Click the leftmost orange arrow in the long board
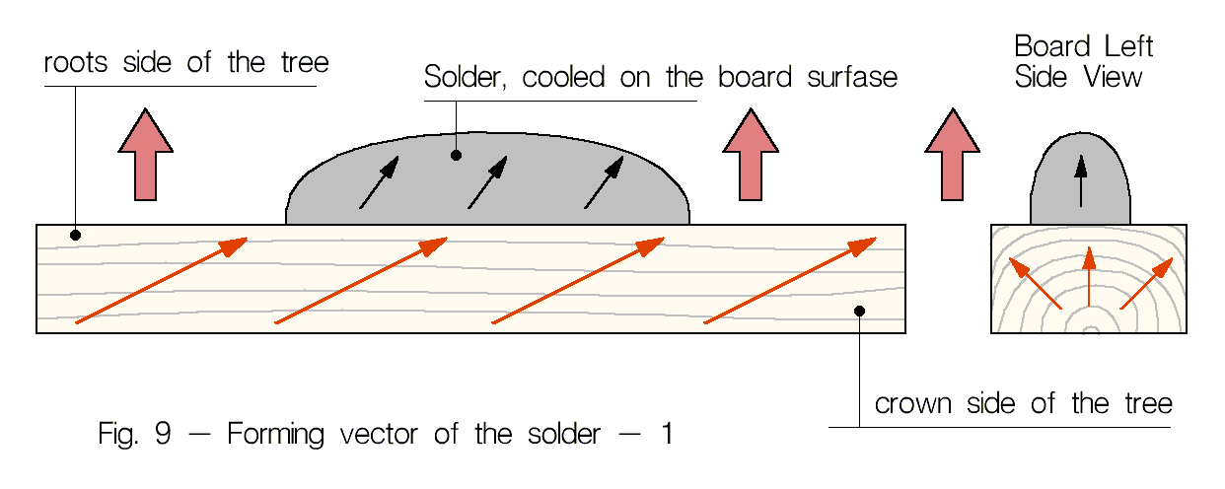(161, 280)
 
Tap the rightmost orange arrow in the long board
(790, 280)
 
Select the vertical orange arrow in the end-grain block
(1088, 278)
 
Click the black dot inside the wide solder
(456, 155)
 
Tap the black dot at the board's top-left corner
(75, 235)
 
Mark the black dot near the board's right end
(859, 311)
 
